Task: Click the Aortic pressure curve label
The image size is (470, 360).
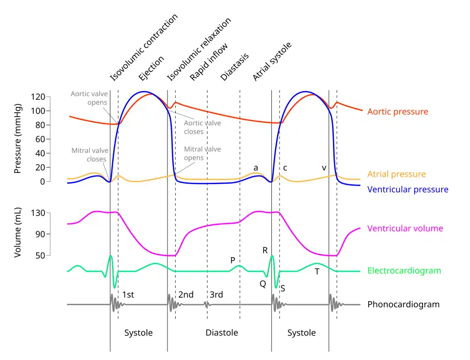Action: [x=398, y=112]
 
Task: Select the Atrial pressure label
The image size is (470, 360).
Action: [x=397, y=174]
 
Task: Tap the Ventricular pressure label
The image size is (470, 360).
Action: [x=408, y=190]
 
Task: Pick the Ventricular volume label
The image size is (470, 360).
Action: [x=405, y=228]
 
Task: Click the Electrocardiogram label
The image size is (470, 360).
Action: [x=404, y=270]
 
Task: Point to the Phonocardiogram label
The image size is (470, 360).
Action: [x=403, y=304]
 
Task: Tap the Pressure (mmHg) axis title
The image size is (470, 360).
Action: [x=18, y=139]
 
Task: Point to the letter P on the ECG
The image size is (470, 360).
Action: [x=233, y=260]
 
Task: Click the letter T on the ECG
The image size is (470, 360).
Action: [x=317, y=271]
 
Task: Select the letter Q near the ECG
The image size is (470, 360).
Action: [x=263, y=284]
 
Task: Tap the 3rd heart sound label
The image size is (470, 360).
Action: [x=216, y=294]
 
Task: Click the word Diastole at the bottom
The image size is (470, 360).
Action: [x=221, y=333]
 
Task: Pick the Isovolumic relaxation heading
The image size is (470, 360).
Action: [x=198, y=49]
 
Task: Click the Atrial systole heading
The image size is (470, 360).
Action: [x=272, y=61]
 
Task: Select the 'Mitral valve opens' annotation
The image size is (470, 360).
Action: [x=202, y=153]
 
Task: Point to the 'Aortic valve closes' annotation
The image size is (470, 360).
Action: [x=202, y=127]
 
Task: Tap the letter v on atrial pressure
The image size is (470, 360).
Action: [x=324, y=168]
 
